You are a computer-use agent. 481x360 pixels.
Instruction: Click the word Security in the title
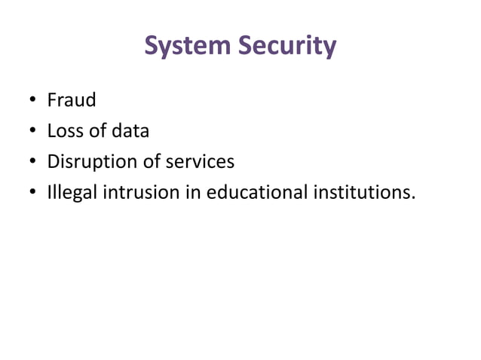point(287,47)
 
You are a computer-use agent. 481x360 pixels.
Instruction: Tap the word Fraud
point(72,100)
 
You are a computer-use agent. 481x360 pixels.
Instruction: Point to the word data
point(130,131)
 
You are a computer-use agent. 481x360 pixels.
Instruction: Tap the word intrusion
point(141,193)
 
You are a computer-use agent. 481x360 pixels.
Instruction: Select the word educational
point(258,193)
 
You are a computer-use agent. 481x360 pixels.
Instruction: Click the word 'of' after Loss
point(97,131)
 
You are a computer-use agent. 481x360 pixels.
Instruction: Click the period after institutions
point(412,199)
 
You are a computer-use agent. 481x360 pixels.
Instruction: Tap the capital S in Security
point(247,47)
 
